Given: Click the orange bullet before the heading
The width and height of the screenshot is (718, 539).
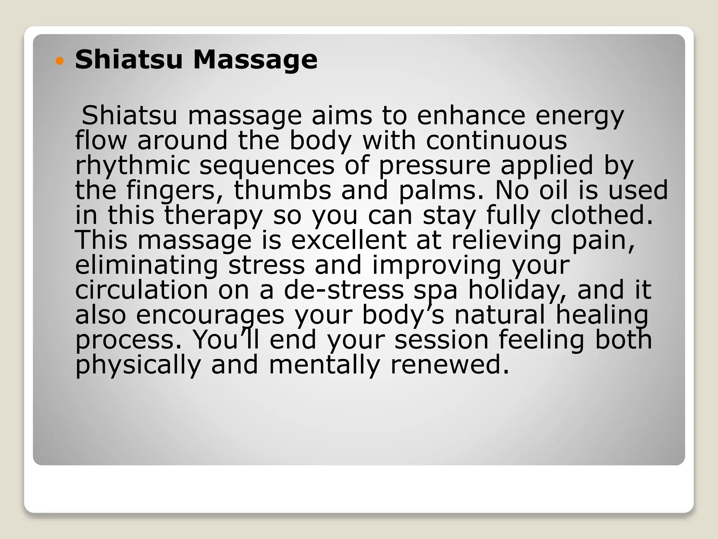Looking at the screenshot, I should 60,61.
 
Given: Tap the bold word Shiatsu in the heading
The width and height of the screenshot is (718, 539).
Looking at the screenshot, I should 129,60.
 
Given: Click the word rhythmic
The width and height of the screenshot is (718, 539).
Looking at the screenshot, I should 133,166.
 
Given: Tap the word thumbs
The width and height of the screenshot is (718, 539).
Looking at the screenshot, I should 283,190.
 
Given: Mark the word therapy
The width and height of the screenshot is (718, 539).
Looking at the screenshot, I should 214,215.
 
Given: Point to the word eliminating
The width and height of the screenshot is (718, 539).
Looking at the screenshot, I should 147,265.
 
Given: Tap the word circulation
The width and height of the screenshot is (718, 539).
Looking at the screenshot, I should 142,290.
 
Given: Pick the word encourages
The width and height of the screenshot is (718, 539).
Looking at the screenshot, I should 210,315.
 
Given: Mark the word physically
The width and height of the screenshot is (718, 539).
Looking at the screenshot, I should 138,366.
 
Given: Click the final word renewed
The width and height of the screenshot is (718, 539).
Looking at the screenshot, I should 450,365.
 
